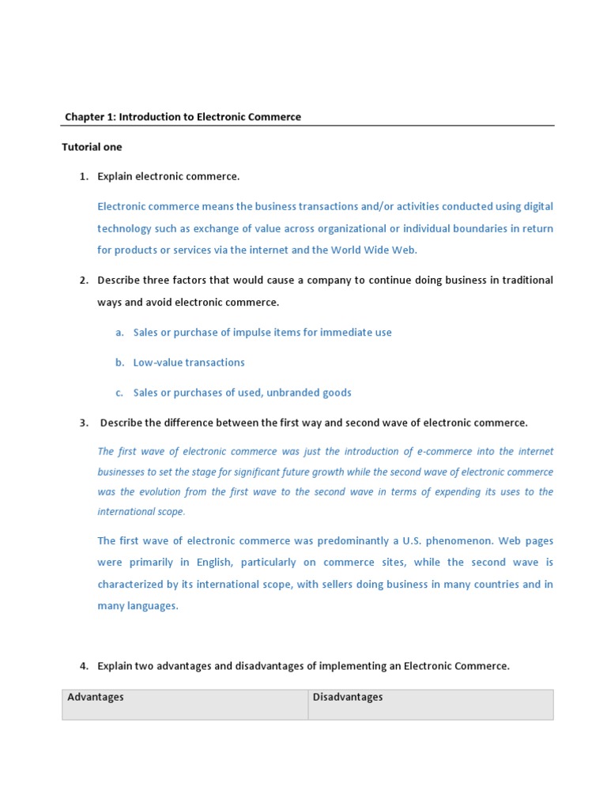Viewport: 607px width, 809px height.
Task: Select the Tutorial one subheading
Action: coord(92,147)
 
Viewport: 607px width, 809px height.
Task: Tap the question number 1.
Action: coord(83,176)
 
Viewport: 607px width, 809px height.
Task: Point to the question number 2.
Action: coord(83,280)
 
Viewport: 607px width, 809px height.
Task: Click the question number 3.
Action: coord(83,423)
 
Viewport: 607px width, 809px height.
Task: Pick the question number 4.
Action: coord(83,666)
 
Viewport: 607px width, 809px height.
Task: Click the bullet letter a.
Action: coord(119,333)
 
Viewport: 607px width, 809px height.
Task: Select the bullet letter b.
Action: coord(119,363)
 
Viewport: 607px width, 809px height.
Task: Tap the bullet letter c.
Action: coord(119,393)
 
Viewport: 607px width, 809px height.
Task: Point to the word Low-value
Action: coord(158,363)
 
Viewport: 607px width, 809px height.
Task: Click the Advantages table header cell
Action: coord(185,704)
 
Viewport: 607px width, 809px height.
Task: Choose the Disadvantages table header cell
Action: coord(431,704)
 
